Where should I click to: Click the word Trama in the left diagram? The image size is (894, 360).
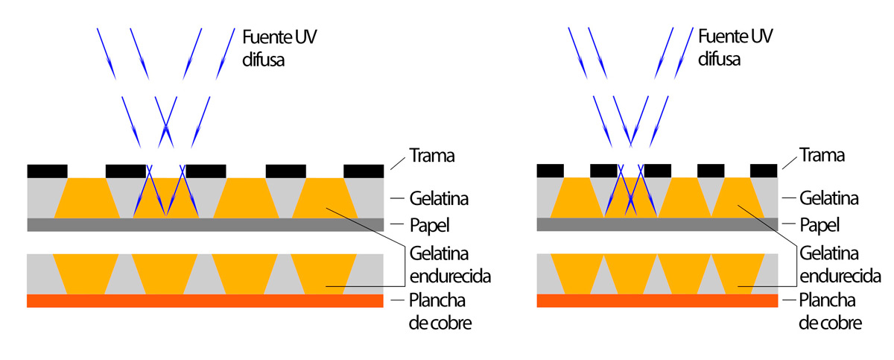point(432,157)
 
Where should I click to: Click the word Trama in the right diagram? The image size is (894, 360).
point(822,156)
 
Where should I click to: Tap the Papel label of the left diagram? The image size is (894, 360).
point(430,224)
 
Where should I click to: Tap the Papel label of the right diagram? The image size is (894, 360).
point(819,224)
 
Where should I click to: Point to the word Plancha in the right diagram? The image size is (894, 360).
point(827,300)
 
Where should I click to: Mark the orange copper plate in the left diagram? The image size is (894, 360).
point(205,301)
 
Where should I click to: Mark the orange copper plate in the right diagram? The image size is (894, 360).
point(656,300)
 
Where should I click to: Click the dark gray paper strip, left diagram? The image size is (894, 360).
point(205,224)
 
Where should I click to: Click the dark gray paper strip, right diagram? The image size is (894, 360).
point(656,224)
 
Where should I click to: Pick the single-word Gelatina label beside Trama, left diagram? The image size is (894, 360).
point(440,199)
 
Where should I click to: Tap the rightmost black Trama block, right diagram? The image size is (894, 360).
point(764,170)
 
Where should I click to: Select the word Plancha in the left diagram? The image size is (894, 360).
point(437,300)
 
